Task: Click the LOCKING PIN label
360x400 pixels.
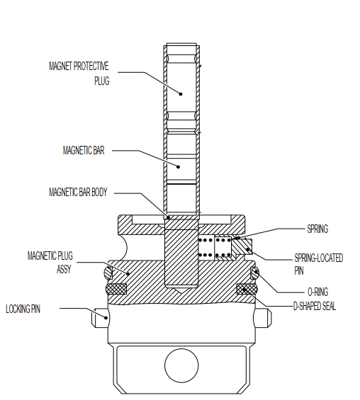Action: [x=28, y=309]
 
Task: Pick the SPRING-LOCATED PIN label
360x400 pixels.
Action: [x=318, y=263]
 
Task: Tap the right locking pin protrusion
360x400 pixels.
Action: [x=264, y=317]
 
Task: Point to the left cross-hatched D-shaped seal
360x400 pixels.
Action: [x=116, y=289]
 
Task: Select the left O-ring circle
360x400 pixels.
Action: [x=107, y=273]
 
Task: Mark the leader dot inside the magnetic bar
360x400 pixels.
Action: [x=179, y=167]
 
